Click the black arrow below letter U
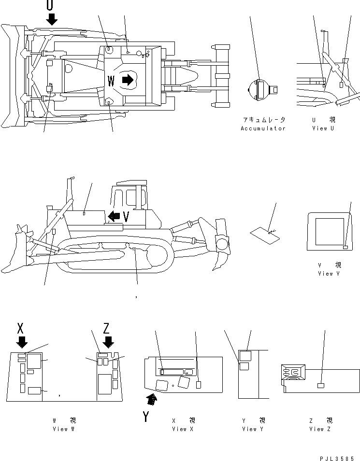51,19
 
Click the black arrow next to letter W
127,80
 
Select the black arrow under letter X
21,342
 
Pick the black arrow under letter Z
108,342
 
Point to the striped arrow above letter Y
152,398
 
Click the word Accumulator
263,128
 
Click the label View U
323,128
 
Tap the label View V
329,274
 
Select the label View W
64,429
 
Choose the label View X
183,429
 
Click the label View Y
253,429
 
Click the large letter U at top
50,5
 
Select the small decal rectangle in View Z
320,385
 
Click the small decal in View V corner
345,247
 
